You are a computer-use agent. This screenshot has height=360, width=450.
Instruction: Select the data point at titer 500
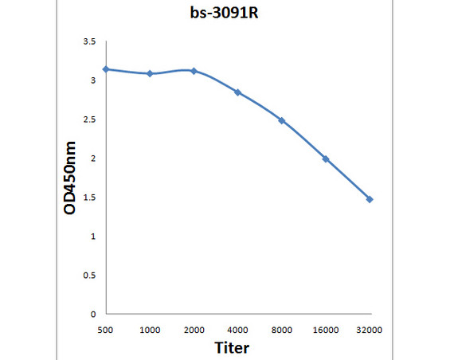tap(106, 69)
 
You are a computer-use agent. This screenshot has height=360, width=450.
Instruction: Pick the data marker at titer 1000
tap(150, 73)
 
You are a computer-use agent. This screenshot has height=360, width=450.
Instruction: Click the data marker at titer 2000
tap(194, 71)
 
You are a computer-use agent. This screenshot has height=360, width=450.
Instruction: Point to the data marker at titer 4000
tap(237, 92)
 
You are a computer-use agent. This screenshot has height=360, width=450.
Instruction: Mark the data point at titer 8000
tap(282, 120)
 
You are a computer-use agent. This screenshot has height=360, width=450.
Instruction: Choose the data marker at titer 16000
tap(326, 158)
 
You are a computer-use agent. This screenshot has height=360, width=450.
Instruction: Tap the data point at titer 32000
tap(370, 199)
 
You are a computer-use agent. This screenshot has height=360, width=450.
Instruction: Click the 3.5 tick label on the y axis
tap(89, 41)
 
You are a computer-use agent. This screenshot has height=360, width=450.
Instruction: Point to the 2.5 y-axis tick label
tap(89, 119)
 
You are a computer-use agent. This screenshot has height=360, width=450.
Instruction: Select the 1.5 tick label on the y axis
tap(89, 198)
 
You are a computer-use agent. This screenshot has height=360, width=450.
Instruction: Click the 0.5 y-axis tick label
tap(89, 276)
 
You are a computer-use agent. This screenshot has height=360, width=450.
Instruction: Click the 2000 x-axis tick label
tap(194, 329)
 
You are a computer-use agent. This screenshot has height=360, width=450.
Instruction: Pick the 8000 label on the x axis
tap(282, 329)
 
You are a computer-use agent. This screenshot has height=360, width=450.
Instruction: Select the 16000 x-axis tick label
tap(326, 329)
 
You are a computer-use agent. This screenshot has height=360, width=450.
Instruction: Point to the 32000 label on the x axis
tap(370, 329)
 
